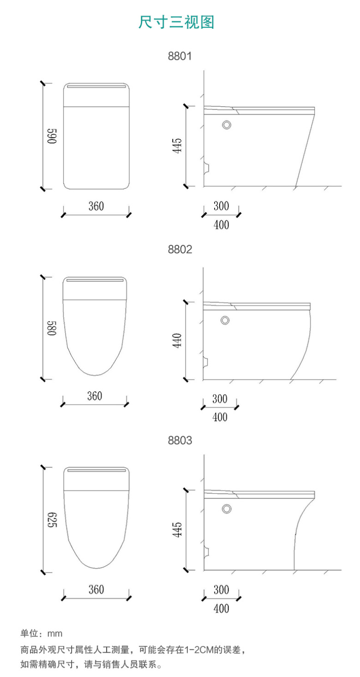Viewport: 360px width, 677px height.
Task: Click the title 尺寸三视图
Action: click(x=176, y=22)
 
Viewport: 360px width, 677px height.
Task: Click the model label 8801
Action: click(x=180, y=56)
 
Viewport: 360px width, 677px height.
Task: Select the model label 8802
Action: click(x=180, y=249)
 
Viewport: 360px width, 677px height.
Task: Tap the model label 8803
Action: click(x=180, y=441)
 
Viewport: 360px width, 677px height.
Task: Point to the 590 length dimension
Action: click(x=52, y=136)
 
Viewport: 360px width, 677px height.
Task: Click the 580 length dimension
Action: click(x=52, y=328)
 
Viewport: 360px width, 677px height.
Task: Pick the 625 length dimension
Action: click(x=52, y=520)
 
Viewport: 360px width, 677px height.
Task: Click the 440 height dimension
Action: click(x=177, y=341)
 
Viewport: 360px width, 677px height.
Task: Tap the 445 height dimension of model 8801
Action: click(x=177, y=145)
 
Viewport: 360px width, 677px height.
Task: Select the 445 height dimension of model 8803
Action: click(x=177, y=530)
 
